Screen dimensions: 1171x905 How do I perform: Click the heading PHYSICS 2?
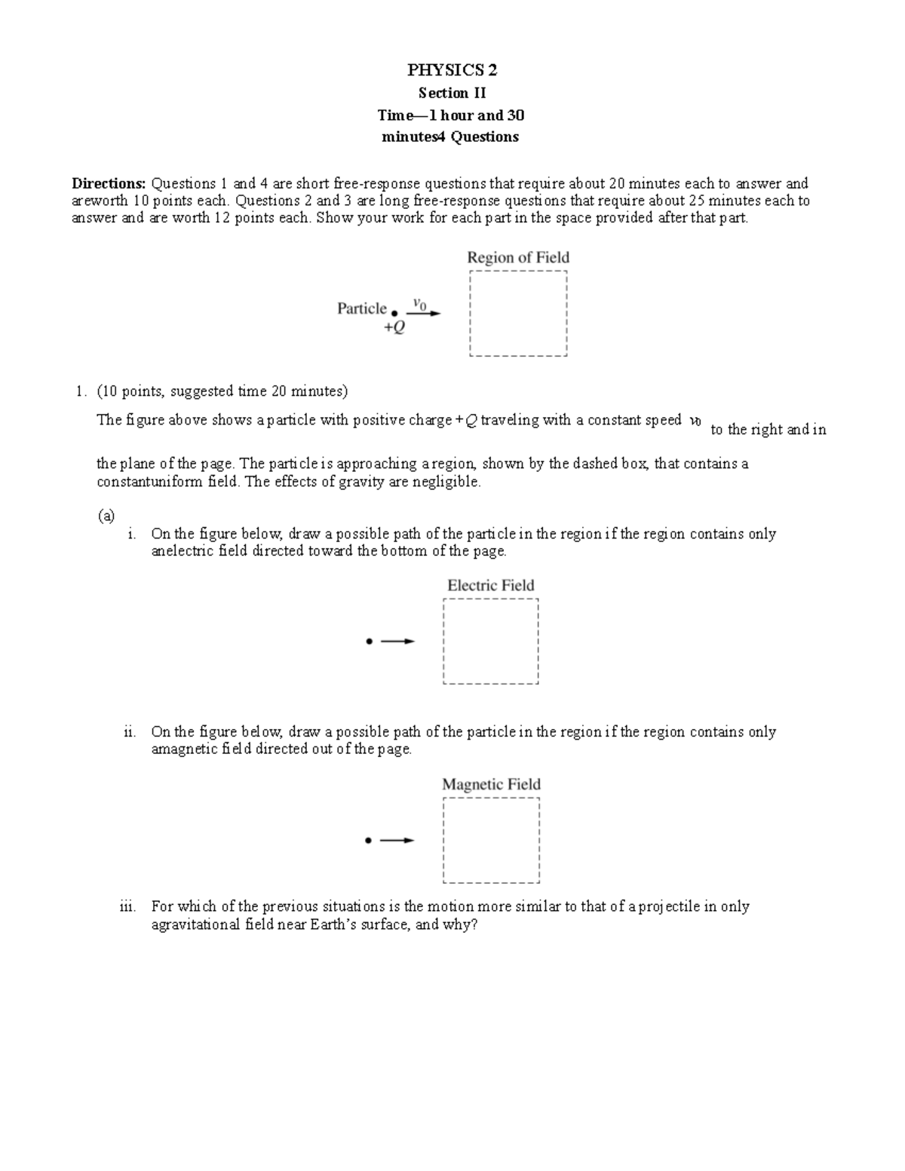pyautogui.click(x=452, y=70)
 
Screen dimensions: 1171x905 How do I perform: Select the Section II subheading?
pyautogui.click(x=452, y=93)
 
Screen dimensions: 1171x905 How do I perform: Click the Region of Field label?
pyautogui.click(x=518, y=258)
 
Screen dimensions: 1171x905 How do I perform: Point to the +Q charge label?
pyautogui.click(x=394, y=328)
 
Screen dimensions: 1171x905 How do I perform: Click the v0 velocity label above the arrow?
pyautogui.click(x=419, y=304)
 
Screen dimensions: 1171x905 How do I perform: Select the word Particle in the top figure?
pyautogui.click(x=361, y=308)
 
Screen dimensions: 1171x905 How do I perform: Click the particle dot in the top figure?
pyautogui.click(x=394, y=313)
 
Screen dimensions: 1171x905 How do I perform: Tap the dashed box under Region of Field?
pyautogui.click(x=518, y=314)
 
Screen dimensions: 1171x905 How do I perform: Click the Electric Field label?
pyautogui.click(x=490, y=586)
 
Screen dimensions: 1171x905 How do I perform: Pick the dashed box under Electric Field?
pyautogui.click(x=491, y=642)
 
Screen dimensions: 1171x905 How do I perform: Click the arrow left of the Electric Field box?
pyautogui.click(x=397, y=642)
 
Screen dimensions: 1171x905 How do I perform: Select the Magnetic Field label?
pyautogui.click(x=491, y=785)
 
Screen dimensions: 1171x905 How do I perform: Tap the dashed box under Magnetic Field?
pyautogui.click(x=492, y=841)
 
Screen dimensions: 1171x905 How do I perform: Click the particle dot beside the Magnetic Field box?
pyautogui.click(x=368, y=841)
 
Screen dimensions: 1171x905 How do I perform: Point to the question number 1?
pyautogui.click(x=79, y=391)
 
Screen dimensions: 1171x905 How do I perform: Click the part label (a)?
pyautogui.click(x=106, y=516)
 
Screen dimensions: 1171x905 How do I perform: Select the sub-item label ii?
pyautogui.click(x=130, y=732)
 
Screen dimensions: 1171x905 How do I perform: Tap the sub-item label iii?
pyautogui.click(x=127, y=907)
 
